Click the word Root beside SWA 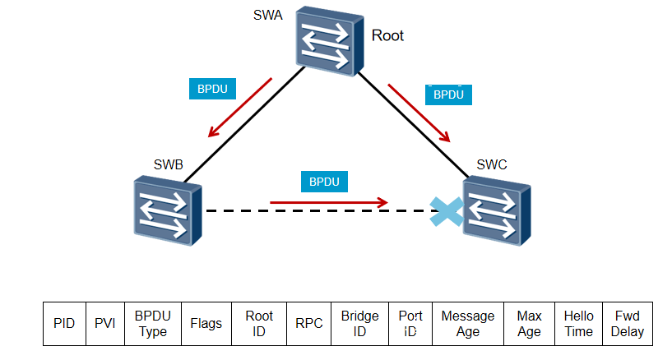tap(388, 35)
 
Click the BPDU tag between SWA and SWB tap(213, 90)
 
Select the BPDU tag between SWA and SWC tap(449, 95)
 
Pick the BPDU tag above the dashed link tap(324, 181)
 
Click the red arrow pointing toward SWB tap(239, 108)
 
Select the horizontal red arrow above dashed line tap(329, 201)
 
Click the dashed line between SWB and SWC tap(321, 211)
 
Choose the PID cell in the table tap(64, 323)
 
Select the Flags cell tap(206, 323)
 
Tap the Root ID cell tap(259, 323)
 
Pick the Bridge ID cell tap(359, 323)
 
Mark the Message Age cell tap(468, 323)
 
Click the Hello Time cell tap(578, 323)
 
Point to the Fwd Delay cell tap(628, 323)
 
